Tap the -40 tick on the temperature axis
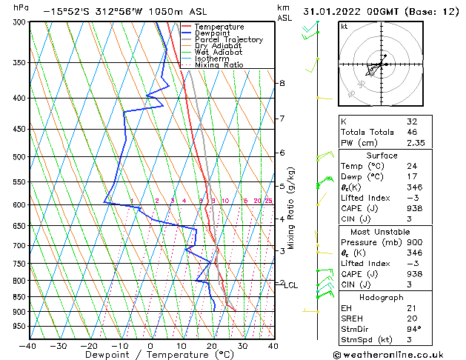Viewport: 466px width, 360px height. pos(27,345)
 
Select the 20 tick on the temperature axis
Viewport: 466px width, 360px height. pos(211,345)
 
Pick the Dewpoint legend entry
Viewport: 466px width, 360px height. pos(212,33)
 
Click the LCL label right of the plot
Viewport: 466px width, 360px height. pos(291,285)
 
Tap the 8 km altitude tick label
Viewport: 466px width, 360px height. pos(282,83)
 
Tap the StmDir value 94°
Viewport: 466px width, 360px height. pos(413,329)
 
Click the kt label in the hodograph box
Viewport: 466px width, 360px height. pos(344,27)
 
